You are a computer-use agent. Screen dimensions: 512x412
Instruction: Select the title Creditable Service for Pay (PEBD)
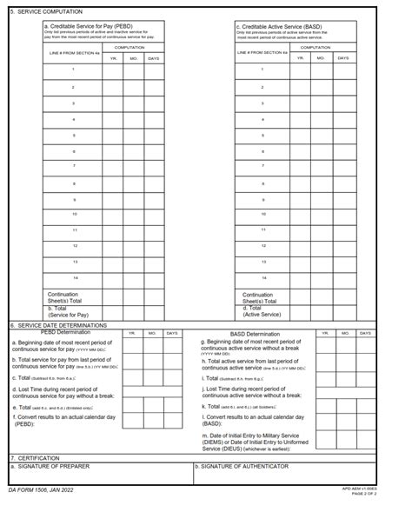(x=90, y=26)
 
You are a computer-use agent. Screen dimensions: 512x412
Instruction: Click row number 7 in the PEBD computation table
(x=73, y=165)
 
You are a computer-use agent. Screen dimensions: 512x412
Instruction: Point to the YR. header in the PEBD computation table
(x=112, y=57)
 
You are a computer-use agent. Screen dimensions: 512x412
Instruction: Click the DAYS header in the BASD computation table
(x=342, y=57)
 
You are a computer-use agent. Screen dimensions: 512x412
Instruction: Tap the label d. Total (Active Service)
(x=262, y=311)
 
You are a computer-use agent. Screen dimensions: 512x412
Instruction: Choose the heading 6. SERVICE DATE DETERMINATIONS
(x=57, y=325)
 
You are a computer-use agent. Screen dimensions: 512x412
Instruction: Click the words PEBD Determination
(x=71, y=332)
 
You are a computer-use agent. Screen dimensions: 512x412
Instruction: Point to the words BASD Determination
(x=256, y=334)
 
